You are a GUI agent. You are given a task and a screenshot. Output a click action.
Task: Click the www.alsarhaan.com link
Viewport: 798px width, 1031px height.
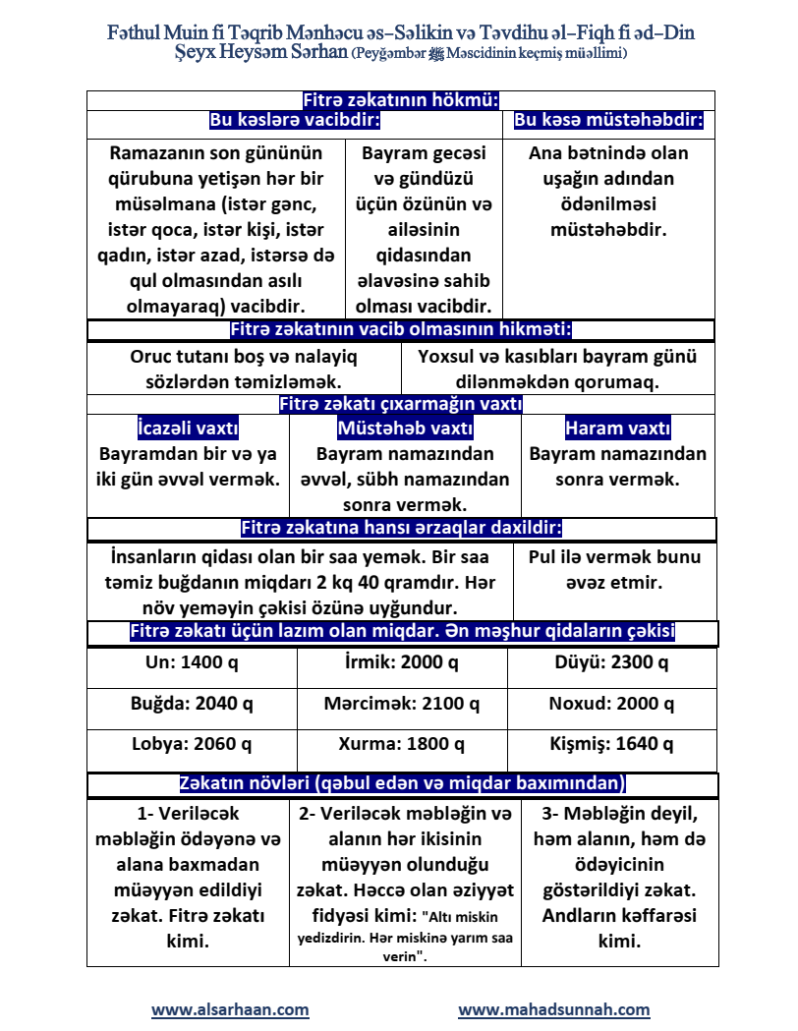pyautogui.click(x=230, y=1009)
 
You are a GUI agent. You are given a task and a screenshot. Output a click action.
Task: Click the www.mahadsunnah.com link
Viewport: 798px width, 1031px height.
pyautogui.click(x=554, y=1009)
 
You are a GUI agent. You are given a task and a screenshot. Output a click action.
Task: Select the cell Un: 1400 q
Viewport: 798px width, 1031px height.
pyautogui.click(x=192, y=662)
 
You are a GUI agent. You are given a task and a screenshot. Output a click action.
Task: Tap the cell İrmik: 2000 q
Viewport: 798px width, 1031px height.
pyautogui.click(x=402, y=662)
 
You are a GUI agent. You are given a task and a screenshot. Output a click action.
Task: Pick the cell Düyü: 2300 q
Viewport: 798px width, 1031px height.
pyautogui.click(x=612, y=662)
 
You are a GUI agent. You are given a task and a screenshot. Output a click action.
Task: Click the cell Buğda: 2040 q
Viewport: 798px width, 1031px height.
pyautogui.click(x=192, y=704)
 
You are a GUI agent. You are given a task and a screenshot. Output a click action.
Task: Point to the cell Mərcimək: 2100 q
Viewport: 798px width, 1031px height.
pyautogui.click(x=402, y=704)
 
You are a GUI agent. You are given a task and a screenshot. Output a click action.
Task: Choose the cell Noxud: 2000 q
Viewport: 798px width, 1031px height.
pyautogui.click(x=612, y=704)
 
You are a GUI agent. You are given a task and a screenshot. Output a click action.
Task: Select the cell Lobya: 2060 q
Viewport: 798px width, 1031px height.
pyautogui.click(x=192, y=744)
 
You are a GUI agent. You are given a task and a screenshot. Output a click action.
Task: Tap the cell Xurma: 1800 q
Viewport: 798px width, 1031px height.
pyautogui.click(x=402, y=744)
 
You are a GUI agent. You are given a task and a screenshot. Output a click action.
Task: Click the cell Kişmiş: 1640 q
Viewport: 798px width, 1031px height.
pyautogui.click(x=612, y=744)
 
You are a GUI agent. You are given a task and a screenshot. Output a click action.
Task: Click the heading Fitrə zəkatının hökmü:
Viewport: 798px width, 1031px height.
pyautogui.click(x=401, y=100)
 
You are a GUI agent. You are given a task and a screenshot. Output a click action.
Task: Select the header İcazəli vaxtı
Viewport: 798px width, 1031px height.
pyautogui.click(x=188, y=429)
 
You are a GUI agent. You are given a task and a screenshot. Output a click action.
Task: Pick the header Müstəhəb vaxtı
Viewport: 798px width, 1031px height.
pyautogui.click(x=405, y=429)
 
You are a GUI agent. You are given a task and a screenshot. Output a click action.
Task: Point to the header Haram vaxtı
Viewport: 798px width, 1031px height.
pyautogui.click(x=618, y=429)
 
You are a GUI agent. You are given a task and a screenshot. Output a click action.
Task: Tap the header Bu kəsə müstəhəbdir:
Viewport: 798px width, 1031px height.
pyautogui.click(x=609, y=121)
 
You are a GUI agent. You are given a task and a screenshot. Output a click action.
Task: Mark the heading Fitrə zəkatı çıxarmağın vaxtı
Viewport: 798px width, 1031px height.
pyautogui.click(x=401, y=404)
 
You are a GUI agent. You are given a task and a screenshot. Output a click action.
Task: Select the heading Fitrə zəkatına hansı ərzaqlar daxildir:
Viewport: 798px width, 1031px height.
pyautogui.click(x=401, y=528)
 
